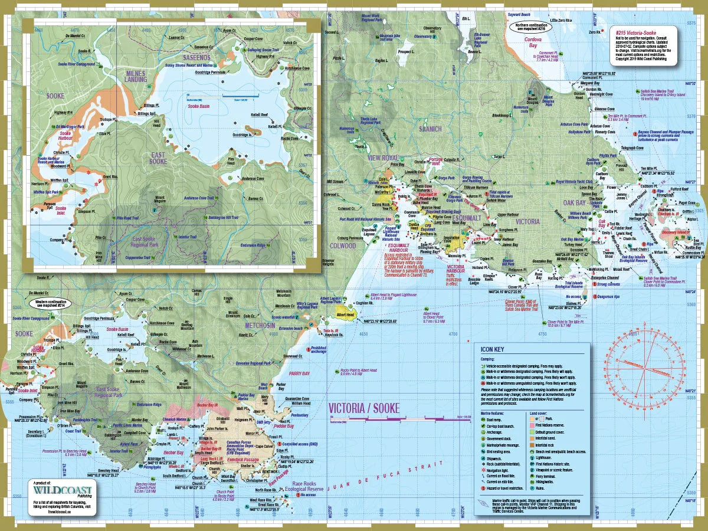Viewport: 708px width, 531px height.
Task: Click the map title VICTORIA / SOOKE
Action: pos(363,408)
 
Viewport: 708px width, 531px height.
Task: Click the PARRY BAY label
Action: pos(300,373)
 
